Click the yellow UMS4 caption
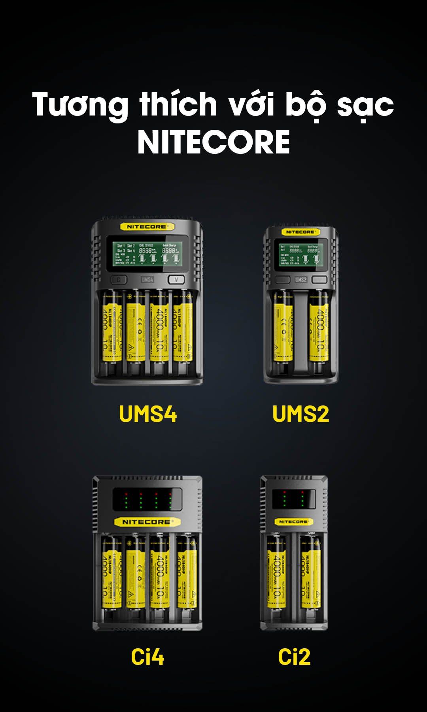(x=147, y=414)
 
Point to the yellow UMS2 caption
(x=300, y=414)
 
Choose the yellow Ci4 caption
(x=147, y=657)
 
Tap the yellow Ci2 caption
(x=294, y=657)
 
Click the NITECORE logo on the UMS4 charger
(x=147, y=227)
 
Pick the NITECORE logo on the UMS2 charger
(x=300, y=232)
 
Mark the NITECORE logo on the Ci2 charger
(x=293, y=522)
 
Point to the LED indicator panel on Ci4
(x=147, y=500)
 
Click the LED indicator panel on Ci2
(x=293, y=500)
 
